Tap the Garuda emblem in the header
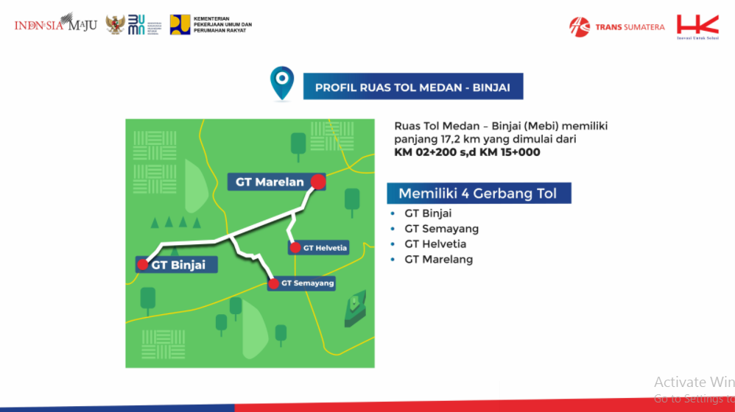[x=115, y=24]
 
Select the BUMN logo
[x=137, y=24]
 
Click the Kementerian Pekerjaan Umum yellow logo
[x=180, y=24]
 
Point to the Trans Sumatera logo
[x=616, y=27]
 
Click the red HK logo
[x=697, y=26]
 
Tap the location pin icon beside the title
[x=281, y=83]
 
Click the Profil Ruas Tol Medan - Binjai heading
[x=412, y=87]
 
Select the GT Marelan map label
[x=270, y=182]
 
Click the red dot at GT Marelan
[x=318, y=181]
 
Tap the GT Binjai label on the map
[x=178, y=265]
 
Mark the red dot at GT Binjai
[x=142, y=264]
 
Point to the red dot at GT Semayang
[x=274, y=283]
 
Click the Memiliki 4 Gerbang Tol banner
[x=479, y=193]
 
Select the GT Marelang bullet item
[x=438, y=259]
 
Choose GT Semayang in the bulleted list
[x=441, y=229]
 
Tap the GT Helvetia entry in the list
[x=435, y=244]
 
